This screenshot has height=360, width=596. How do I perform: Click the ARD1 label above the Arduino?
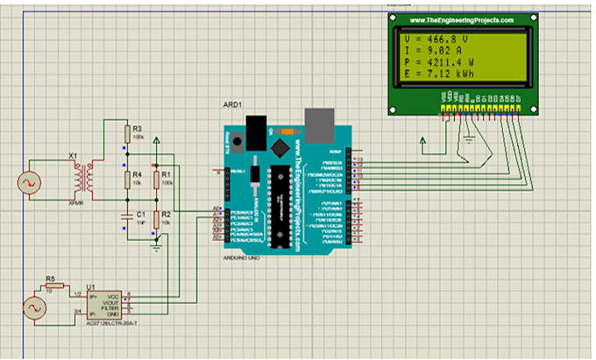(233, 104)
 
